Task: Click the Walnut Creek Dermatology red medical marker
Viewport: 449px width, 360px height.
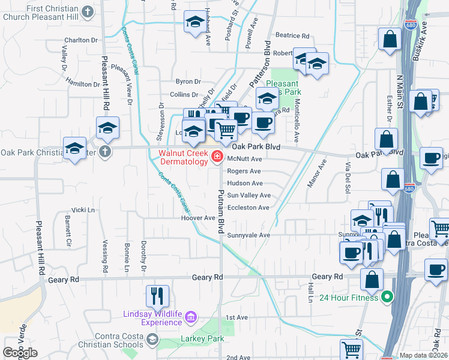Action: click(x=217, y=158)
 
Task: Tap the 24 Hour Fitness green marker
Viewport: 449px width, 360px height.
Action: click(x=388, y=297)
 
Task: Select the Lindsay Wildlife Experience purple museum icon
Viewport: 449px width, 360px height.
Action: click(x=190, y=316)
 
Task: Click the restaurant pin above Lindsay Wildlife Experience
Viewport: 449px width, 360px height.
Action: click(x=157, y=295)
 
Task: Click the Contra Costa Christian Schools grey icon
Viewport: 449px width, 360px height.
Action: click(x=152, y=340)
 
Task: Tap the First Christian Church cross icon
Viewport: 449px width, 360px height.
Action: click(x=88, y=11)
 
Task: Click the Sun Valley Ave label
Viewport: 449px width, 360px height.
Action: click(x=249, y=196)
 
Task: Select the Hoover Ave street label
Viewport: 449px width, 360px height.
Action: click(x=198, y=218)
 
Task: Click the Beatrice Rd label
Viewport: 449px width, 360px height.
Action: click(x=292, y=36)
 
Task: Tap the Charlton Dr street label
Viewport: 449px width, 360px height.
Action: click(x=81, y=40)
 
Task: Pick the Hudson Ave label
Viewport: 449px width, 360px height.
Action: click(x=245, y=184)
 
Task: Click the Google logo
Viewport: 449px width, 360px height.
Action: click(x=20, y=353)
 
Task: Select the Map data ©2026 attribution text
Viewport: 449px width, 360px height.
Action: click(x=424, y=355)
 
